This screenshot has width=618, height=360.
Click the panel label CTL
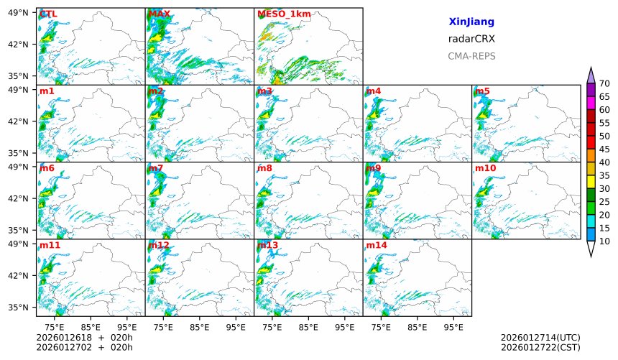pos(47,14)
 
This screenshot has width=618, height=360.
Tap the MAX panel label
pos(157,14)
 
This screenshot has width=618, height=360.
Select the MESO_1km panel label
pos(277,14)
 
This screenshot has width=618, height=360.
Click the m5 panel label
pos(481,91)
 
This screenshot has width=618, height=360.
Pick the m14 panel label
pos(377,245)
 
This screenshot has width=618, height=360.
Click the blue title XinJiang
pos(471,22)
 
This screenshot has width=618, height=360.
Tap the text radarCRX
pos(471,39)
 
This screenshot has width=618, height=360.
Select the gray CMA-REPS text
pos(471,56)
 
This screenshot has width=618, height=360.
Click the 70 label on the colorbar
pos(604,84)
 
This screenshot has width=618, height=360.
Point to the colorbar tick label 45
pos(604,149)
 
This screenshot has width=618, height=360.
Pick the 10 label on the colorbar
pos(604,241)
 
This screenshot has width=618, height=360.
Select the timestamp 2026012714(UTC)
pos(540,338)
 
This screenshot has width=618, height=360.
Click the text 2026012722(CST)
pos(540,348)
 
